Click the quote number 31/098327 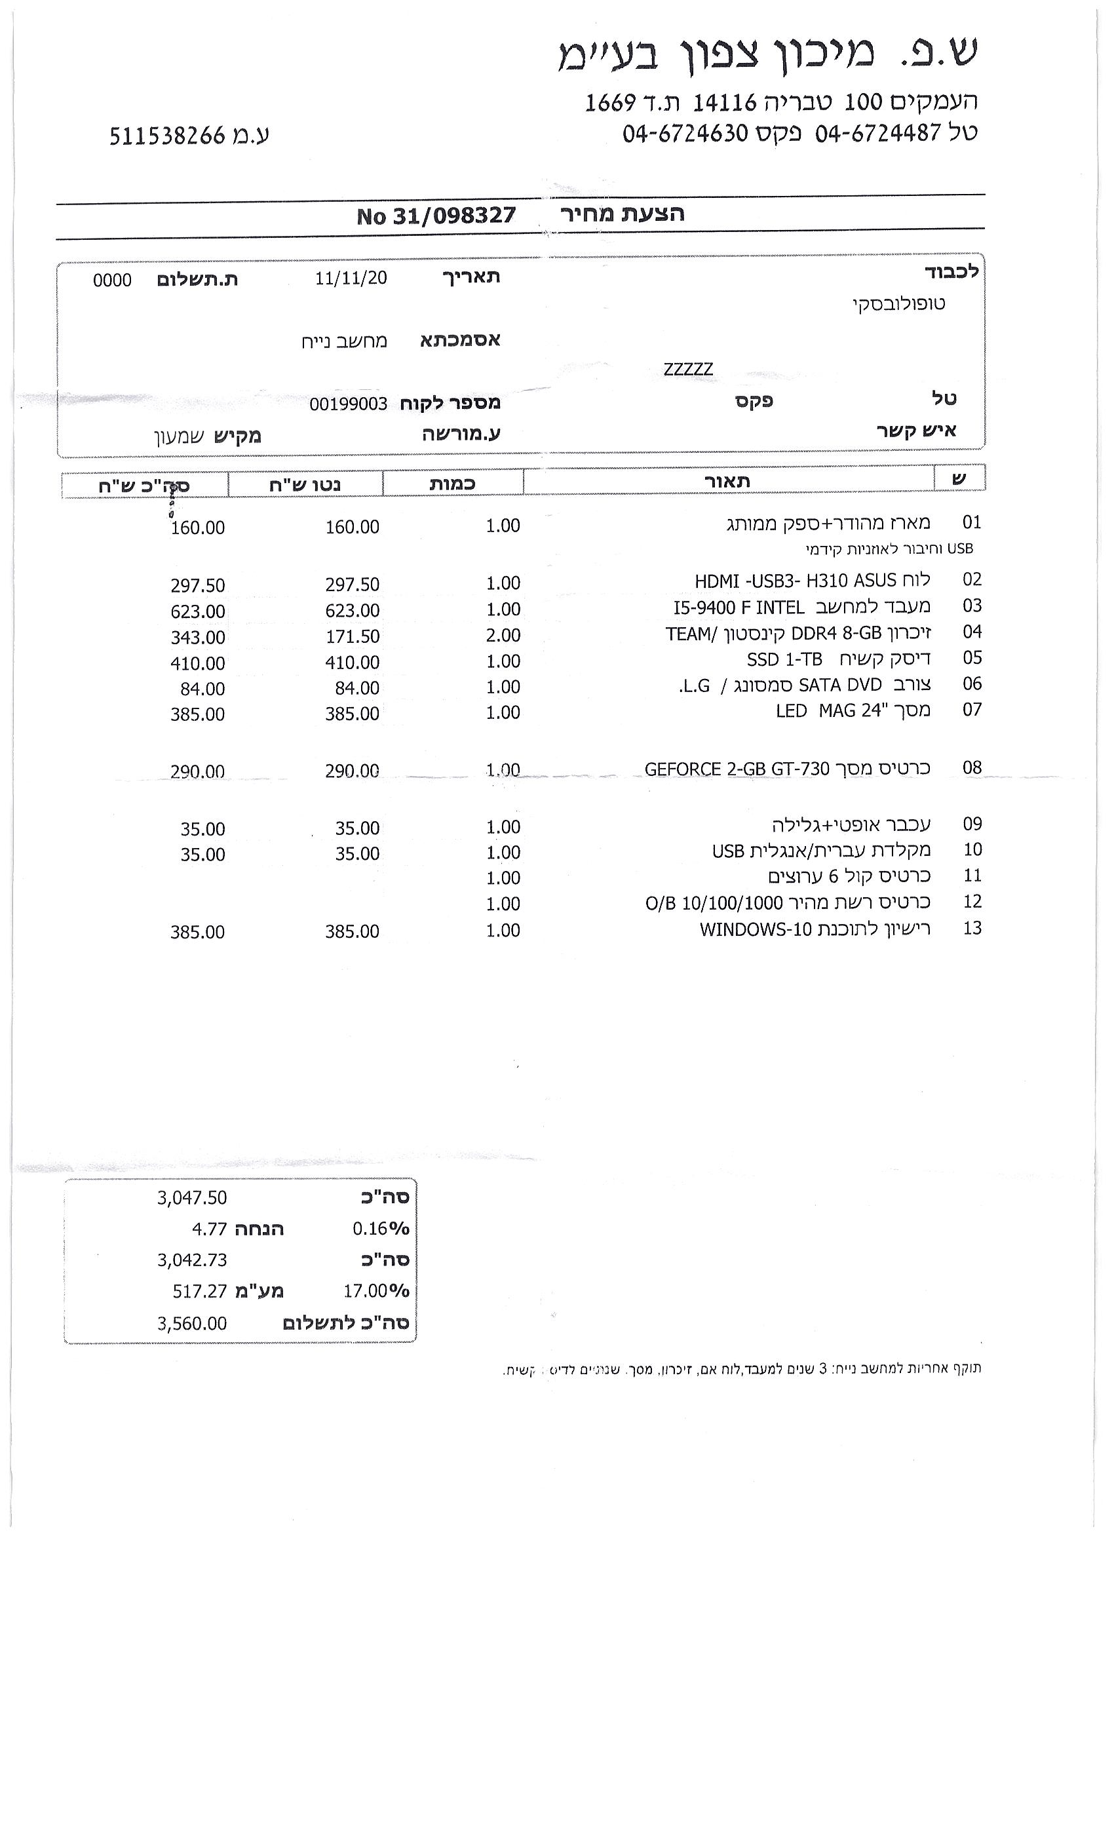click(x=453, y=216)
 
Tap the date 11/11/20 click(x=351, y=278)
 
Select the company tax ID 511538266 click(x=167, y=136)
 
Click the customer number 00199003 click(x=349, y=404)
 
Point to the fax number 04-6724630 click(x=685, y=133)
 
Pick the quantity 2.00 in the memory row click(x=503, y=635)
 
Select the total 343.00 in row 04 click(x=197, y=638)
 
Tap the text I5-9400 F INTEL click(x=739, y=608)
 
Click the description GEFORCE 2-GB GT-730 click(x=737, y=769)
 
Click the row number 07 click(x=972, y=709)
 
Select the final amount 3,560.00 click(x=191, y=1323)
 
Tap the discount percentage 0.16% click(x=381, y=1228)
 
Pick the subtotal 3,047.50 click(x=191, y=1197)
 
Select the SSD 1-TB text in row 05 click(x=784, y=660)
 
